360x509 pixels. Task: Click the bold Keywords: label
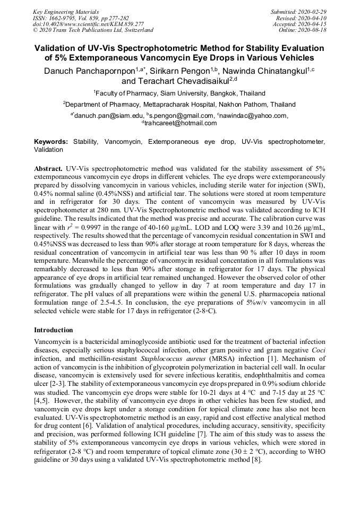pos(51,142)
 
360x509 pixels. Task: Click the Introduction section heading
pos(53,330)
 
